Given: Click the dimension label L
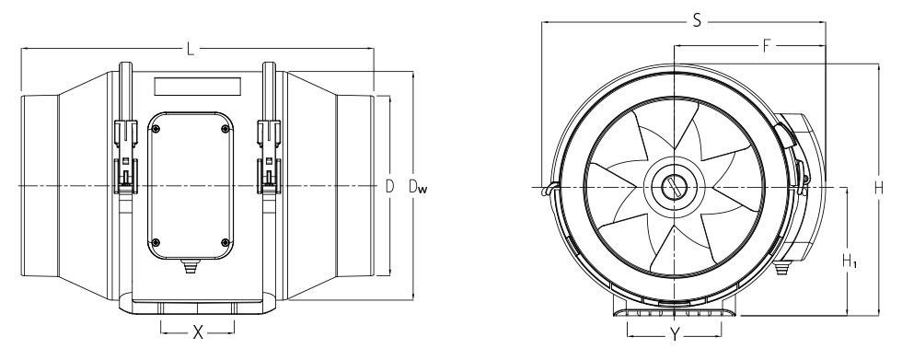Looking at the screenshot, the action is tap(191, 50).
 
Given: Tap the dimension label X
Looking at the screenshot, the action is tap(198, 331).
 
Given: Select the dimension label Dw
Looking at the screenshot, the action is tap(418, 186).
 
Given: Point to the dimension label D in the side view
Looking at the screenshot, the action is tap(389, 186).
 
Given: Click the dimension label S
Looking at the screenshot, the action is tap(697, 21).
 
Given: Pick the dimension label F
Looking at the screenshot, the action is tap(766, 45).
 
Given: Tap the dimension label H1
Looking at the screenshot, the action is tap(850, 261).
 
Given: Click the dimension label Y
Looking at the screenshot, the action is tap(674, 334).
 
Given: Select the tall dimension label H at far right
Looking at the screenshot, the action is tap(878, 188).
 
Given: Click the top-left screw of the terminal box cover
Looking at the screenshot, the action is tap(156, 130).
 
